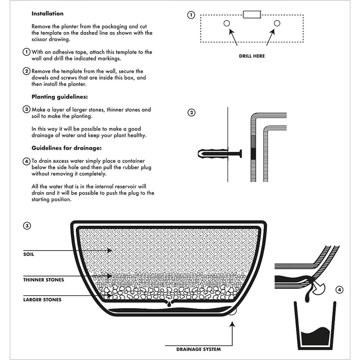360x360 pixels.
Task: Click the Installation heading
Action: point(47,13)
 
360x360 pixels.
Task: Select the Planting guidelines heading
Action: point(59,97)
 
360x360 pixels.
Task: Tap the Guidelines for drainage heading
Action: point(66,148)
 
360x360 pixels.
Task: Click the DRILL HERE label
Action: point(252,56)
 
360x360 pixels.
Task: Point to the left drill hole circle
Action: point(226,23)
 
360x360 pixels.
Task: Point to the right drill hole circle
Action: point(277,23)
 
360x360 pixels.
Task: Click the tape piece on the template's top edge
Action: point(252,14)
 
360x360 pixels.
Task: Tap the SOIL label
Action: point(28,254)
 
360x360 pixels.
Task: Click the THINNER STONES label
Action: point(43,280)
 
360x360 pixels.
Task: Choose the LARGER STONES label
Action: point(42,300)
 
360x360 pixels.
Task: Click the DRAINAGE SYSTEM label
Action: point(198,349)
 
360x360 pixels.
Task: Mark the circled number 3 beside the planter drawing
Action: point(27,226)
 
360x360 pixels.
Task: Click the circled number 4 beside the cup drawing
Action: point(339,290)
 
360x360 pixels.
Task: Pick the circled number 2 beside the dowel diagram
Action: point(191,113)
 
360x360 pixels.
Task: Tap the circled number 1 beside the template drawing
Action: point(191,15)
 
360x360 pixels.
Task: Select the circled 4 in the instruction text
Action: point(27,161)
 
